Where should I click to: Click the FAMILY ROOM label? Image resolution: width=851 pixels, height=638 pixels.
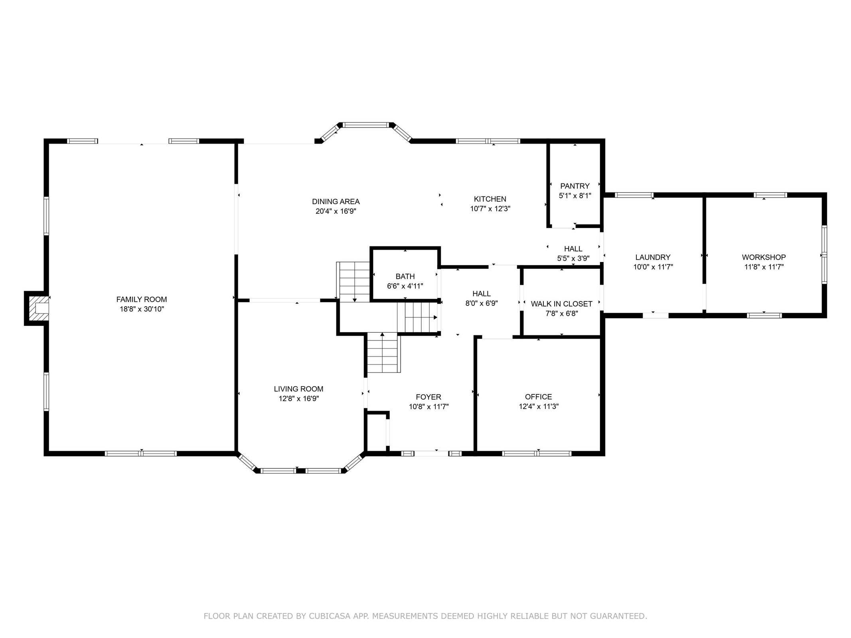(142, 299)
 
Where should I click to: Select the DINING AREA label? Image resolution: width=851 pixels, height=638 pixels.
(336, 202)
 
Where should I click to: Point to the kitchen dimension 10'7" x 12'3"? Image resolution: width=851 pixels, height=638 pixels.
(490, 209)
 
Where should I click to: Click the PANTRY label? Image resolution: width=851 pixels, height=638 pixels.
(575, 186)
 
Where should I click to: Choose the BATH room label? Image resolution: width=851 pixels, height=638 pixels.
(405, 276)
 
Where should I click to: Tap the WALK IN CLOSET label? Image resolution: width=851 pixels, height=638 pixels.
(562, 304)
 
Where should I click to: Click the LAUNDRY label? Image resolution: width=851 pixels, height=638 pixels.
(653, 258)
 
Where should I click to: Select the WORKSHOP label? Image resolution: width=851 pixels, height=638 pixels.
(764, 258)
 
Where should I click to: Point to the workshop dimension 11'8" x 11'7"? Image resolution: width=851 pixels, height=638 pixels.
(764, 267)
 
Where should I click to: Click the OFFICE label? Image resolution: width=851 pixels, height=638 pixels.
(539, 397)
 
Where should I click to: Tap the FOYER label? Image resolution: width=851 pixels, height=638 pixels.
(428, 397)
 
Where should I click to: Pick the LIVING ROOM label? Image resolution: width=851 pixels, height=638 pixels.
(299, 389)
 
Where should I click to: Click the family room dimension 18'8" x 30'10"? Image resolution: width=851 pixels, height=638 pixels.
(142, 309)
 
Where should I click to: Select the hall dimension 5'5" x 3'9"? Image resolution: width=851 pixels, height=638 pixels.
(573, 258)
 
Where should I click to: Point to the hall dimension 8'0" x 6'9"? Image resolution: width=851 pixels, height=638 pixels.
(482, 303)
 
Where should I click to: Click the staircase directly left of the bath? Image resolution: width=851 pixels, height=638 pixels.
(353, 282)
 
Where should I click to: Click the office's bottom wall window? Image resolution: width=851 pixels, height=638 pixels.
(537, 453)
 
